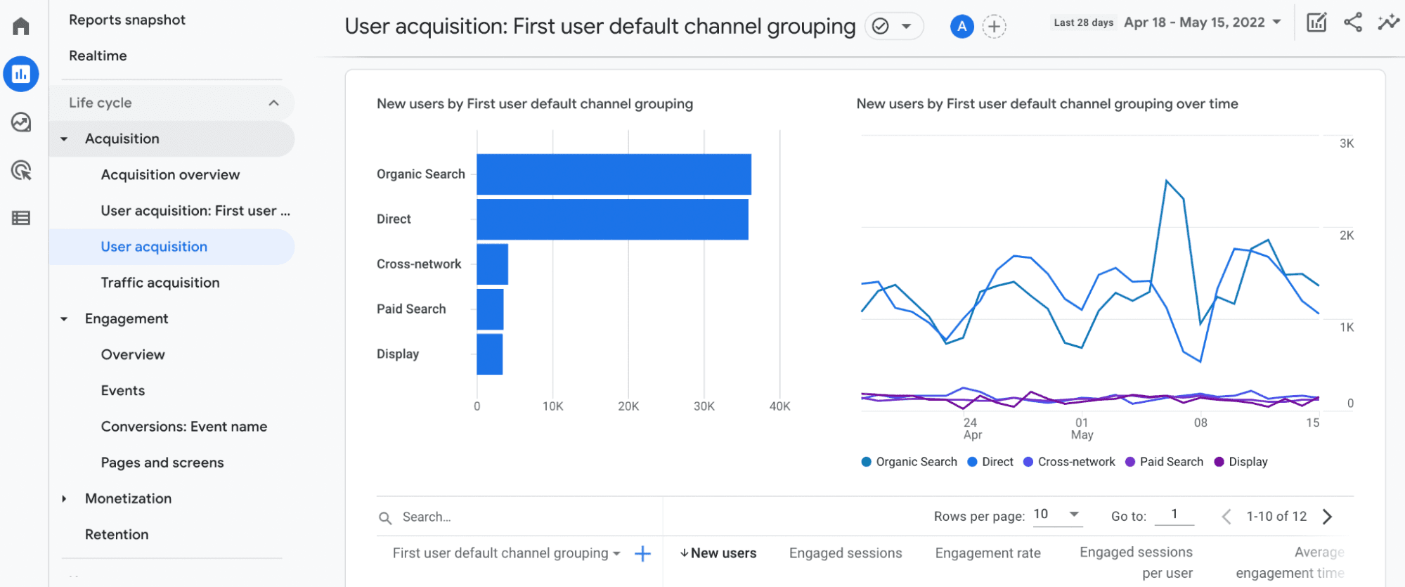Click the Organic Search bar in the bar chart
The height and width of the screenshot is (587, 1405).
tap(614, 174)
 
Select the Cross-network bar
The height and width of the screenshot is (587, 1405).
tap(492, 264)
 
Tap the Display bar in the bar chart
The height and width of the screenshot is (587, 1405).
tap(489, 354)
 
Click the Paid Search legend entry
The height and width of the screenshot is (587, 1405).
tap(1165, 462)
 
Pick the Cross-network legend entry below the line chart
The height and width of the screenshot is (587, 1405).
tap(1069, 462)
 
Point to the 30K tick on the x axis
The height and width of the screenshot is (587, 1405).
tap(704, 406)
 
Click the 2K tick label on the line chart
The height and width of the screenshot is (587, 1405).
tap(1346, 236)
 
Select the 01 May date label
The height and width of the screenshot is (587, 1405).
tap(1082, 428)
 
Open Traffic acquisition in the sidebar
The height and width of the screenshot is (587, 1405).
tap(160, 283)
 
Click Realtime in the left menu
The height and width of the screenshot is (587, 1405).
tap(98, 56)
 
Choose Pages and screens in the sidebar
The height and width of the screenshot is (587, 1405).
tap(162, 463)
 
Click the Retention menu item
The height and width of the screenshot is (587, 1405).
tap(117, 534)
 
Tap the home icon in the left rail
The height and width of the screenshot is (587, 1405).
tap(21, 27)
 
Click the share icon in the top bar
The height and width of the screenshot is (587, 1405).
tap(1352, 22)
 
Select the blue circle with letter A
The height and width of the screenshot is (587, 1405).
tap(962, 27)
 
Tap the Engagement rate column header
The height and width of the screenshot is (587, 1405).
tap(988, 553)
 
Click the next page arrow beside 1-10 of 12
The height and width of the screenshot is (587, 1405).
tap(1327, 517)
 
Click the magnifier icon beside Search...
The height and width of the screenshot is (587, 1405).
tap(385, 518)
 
